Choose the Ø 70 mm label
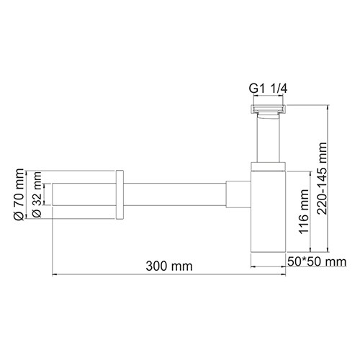[20, 195]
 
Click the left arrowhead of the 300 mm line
[55, 273]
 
